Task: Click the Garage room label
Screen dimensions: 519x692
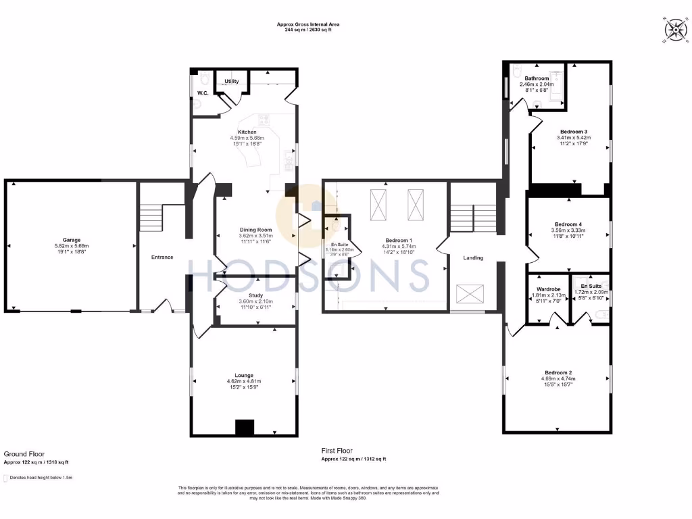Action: [x=72, y=240]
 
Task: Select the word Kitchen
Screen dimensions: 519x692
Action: [x=247, y=132]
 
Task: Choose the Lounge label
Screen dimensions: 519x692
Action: [x=244, y=376]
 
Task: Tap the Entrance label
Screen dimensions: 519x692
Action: [x=162, y=257]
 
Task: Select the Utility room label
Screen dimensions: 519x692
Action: [x=232, y=81]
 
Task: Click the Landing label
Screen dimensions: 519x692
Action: [x=472, y=257]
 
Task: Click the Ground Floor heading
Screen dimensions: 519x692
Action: [x=24, y=454]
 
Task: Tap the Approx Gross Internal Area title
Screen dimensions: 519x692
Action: [x=308, y=24]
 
